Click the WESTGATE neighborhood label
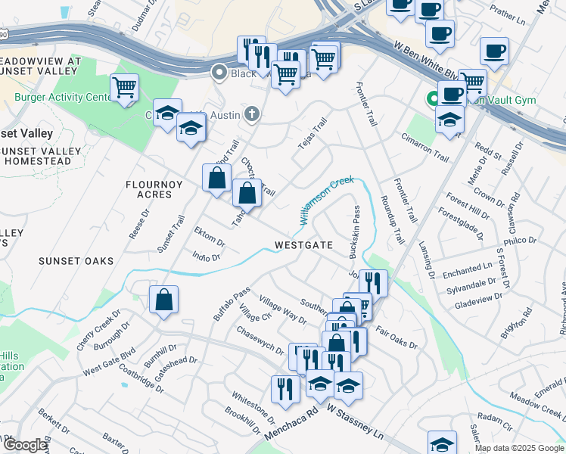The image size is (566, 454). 303,245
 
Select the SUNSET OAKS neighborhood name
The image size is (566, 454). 76,261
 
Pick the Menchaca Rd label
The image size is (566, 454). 291,424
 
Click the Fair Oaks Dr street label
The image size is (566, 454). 396,338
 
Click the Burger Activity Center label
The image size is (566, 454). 63,98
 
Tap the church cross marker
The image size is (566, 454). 252,114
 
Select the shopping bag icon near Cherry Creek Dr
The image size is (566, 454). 163,300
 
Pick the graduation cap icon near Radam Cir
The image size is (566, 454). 442,443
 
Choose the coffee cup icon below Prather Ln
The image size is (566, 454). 494,51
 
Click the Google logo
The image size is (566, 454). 25,445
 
